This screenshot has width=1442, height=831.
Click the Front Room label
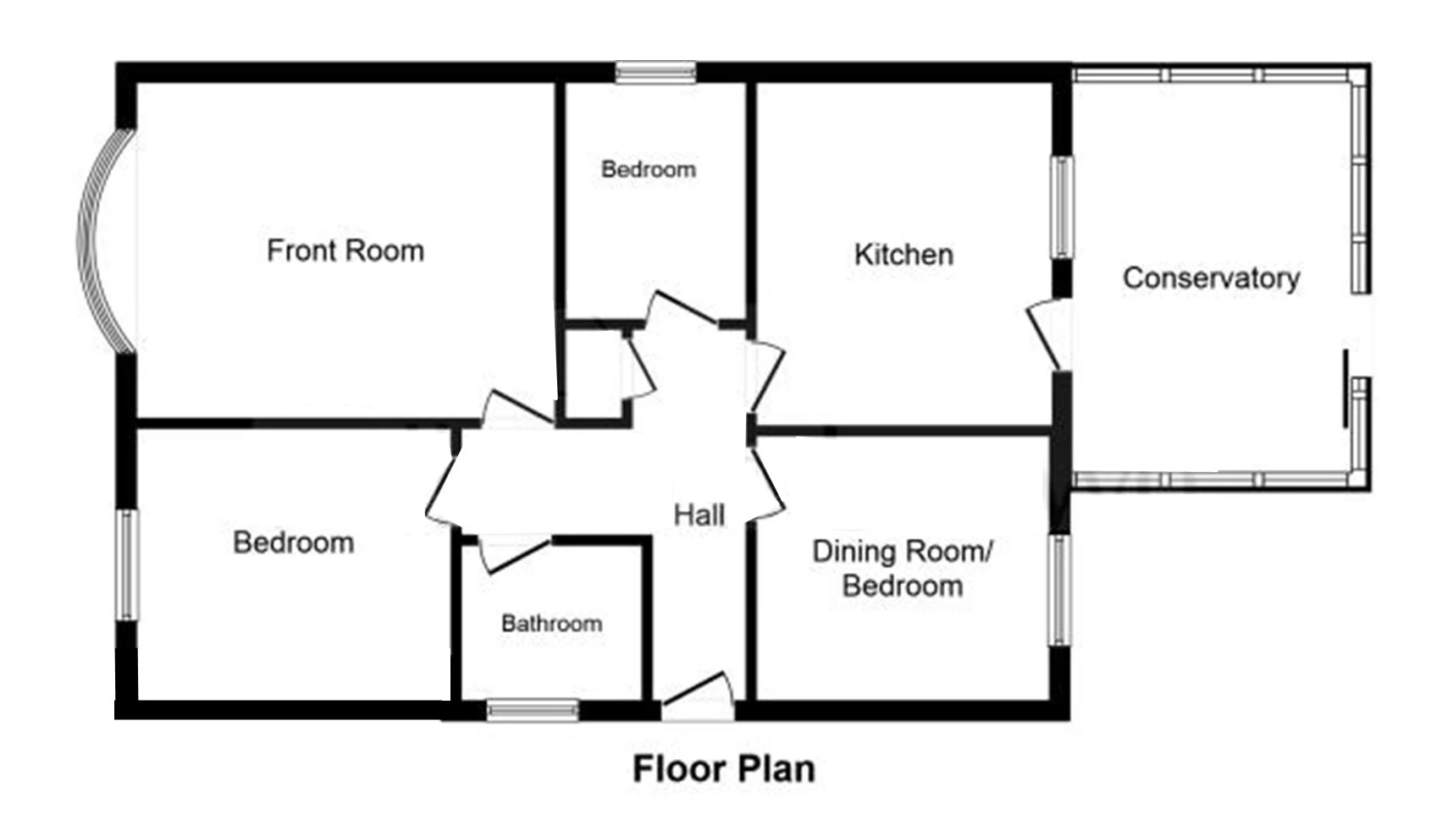345,250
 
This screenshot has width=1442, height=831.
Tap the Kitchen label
903,255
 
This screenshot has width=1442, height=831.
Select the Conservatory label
1212,278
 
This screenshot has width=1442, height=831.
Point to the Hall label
699,515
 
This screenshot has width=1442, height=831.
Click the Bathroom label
552,623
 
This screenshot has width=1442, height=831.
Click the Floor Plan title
724,768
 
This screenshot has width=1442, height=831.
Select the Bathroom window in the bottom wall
533,710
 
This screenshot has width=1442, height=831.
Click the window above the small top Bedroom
656,72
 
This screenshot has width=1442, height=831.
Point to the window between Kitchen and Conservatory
1062,207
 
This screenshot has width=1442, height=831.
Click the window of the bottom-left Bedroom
127,564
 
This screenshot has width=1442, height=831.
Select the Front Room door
518,409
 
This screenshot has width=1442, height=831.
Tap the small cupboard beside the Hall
594,373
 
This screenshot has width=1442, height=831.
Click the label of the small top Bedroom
649,170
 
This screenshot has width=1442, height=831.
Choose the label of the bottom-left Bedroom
294,542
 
